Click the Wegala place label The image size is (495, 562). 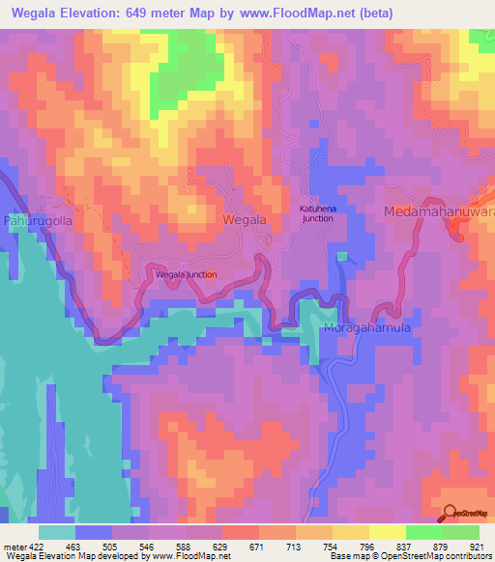pos(245,220)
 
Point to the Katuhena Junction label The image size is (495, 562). pos(316,213)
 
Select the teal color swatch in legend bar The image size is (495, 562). pos(57,532)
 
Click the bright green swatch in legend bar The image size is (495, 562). pos(423,532)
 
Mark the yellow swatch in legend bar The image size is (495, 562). pos(387,532)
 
